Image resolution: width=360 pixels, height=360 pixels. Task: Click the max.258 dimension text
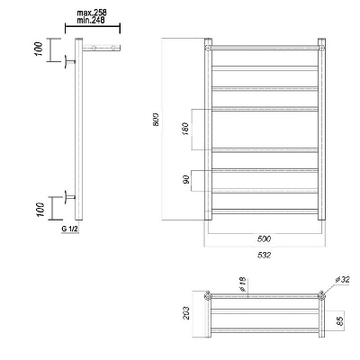(x=92, y=13)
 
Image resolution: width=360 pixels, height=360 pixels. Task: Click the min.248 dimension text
(x=91, y=21)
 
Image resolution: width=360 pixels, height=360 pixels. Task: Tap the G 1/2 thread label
(x=70, y=229)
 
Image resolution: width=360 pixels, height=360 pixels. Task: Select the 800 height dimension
(x=157, y=120)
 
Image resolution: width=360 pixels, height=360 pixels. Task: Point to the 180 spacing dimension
(x=185, y=129)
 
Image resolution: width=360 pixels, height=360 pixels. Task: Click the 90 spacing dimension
(x=186, y=179)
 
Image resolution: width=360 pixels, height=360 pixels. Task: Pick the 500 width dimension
(x=264, y=238)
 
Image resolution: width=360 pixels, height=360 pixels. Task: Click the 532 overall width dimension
(x=264, y=255)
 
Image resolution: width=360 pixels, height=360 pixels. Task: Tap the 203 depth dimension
(x=186, y=313)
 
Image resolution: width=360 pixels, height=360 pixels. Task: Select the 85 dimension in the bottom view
(x=339, y=321)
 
